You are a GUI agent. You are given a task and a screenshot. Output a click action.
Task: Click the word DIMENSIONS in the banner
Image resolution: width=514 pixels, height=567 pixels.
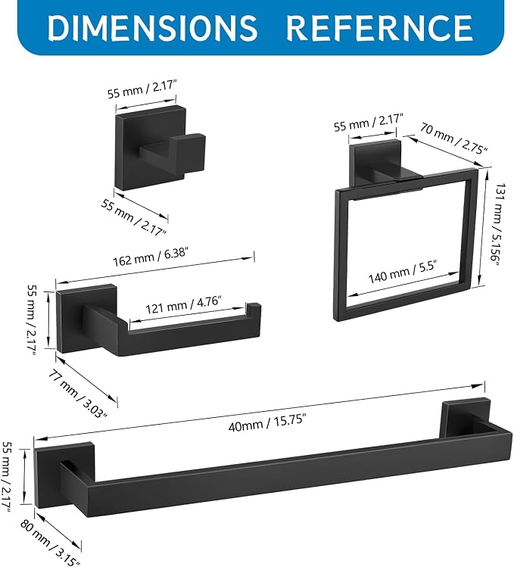(152, 26)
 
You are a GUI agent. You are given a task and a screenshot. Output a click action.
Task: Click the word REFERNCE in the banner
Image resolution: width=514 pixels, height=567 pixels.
(379, 27)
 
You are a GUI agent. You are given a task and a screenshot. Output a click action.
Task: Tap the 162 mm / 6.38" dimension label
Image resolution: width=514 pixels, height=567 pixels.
(151, 257)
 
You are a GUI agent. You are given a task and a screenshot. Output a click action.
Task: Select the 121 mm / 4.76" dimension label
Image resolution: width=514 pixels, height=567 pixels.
(183, 305)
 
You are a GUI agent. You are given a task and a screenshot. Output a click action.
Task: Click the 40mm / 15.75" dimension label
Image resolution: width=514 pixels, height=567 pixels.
(267, 422)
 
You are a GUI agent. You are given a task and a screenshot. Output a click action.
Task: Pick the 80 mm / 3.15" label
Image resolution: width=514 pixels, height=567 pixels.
(50, 540)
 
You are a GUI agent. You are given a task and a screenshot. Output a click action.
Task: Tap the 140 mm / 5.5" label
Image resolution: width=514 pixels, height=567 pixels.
(403, 273)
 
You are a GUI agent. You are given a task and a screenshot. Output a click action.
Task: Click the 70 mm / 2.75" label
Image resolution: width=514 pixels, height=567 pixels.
(454, 139)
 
